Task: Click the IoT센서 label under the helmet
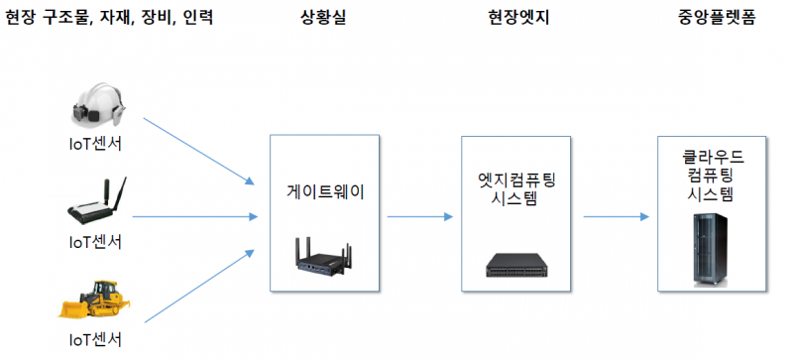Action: click(95, 145)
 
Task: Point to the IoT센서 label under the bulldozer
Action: click(95, 340)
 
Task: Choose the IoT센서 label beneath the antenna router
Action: click(95, 241)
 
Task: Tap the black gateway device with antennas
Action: click(323, 256)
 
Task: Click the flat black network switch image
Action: click(516, 263)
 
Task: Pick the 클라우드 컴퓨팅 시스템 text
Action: click(709, 176)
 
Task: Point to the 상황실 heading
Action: click(324, 17)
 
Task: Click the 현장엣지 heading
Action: click(515, 17)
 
